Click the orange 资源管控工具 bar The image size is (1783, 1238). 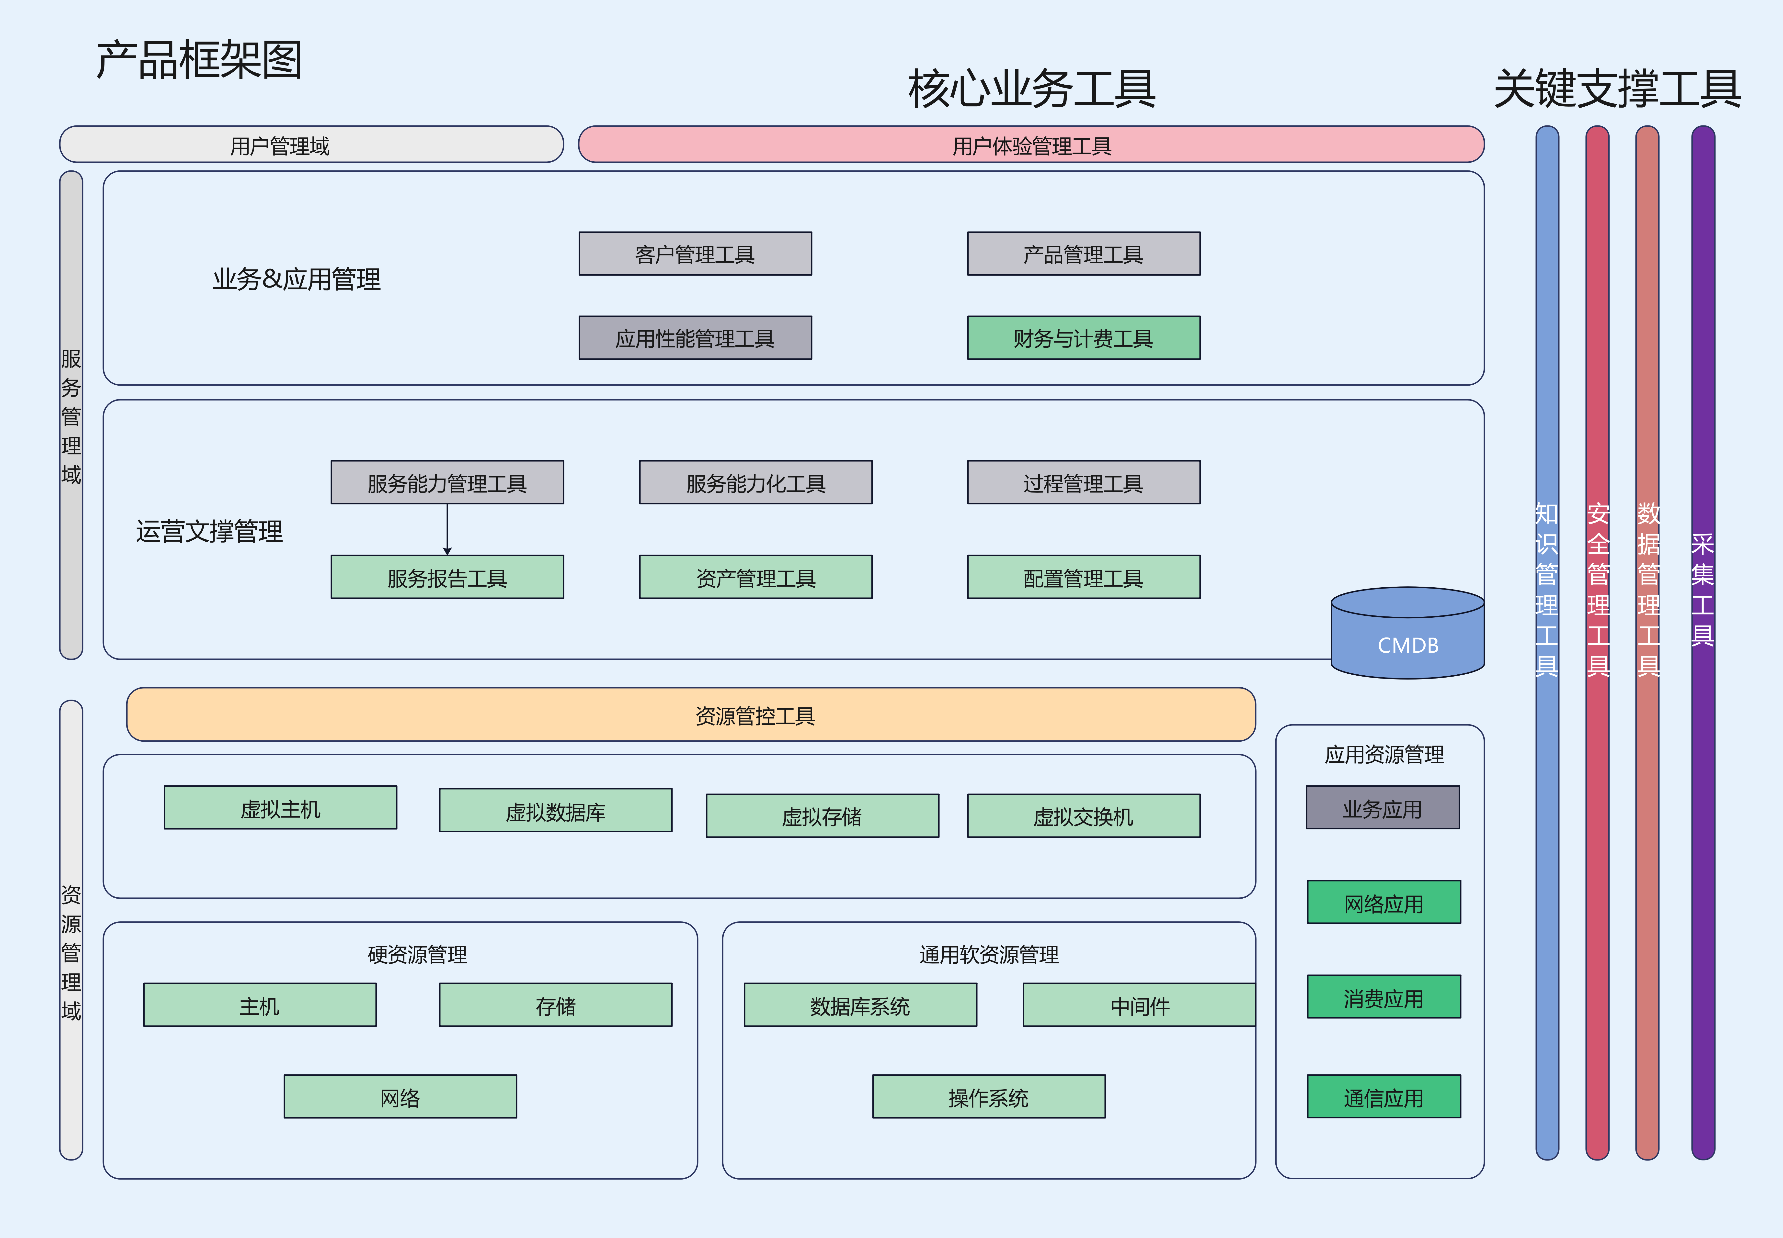pyautogui.click(x=691, y=714)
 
